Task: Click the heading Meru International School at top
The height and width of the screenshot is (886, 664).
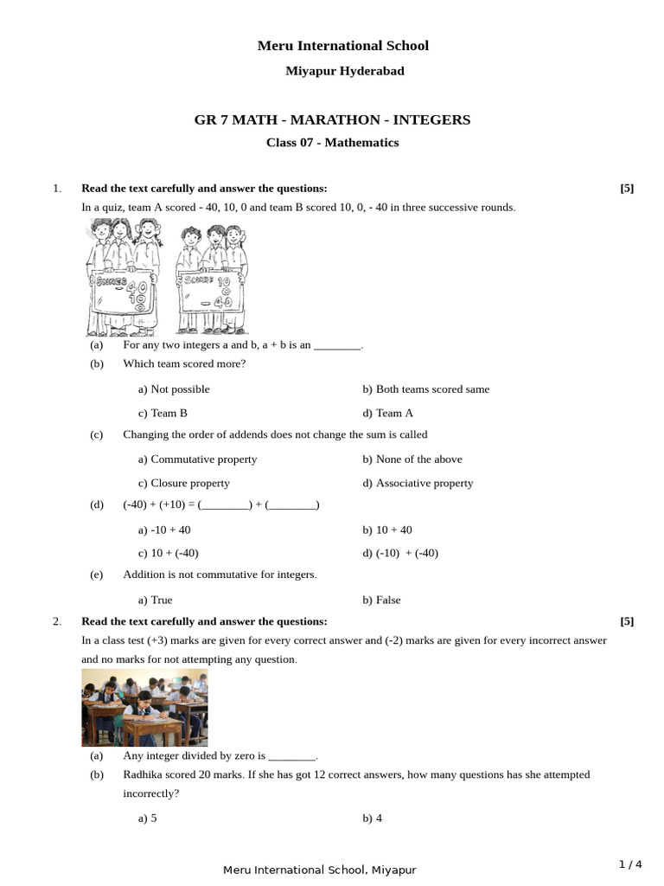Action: [343, 45]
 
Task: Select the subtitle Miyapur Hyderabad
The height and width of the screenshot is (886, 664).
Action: [345, 71]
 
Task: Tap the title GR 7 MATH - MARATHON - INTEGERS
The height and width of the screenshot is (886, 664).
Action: [332, 119]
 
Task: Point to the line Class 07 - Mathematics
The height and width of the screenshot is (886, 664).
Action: [332, 143]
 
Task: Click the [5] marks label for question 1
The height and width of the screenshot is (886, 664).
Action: [627, 189]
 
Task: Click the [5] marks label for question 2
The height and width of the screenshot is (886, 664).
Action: [627, 621]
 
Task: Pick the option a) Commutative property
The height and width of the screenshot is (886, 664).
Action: [197, 459]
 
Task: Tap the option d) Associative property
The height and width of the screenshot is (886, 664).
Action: [418, 484]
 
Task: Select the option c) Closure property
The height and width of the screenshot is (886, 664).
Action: [184, 484]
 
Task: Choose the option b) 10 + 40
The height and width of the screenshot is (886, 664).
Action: [387, 530]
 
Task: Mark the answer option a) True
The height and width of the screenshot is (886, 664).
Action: [156, 600]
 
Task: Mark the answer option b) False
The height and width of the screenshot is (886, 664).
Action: [382, 600]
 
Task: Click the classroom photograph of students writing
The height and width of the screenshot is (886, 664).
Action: [144, 709]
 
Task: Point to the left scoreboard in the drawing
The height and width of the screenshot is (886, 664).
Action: [122, 295]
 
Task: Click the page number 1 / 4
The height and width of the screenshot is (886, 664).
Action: [630, 864]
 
